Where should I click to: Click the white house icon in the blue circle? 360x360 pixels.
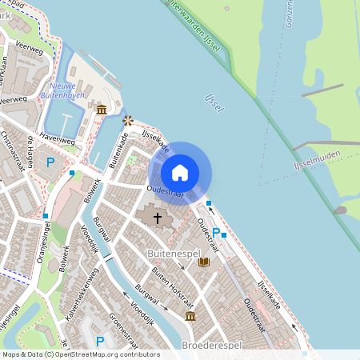180,172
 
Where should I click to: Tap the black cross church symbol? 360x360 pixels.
158,217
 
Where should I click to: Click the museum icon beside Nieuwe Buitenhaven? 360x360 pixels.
101,110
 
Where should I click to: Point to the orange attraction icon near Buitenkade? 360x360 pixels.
127,120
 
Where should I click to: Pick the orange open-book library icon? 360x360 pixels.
203,261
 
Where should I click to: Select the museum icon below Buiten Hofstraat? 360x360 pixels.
190,317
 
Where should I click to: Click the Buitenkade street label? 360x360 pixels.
118,149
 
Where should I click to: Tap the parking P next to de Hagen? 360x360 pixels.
50,162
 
